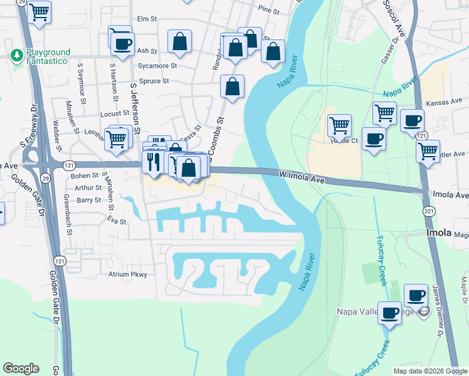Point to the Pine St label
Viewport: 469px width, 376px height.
pos(268,10)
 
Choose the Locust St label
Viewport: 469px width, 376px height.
pos(114,114)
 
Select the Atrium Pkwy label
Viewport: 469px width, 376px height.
pos(127,274)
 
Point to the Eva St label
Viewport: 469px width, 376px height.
pos(117,221)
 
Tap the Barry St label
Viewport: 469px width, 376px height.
pos(88,200)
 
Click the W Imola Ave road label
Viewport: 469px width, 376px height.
pos(302,178)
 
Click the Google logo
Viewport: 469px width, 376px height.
pos(21,368)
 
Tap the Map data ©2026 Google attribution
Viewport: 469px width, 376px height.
pos(429,371)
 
